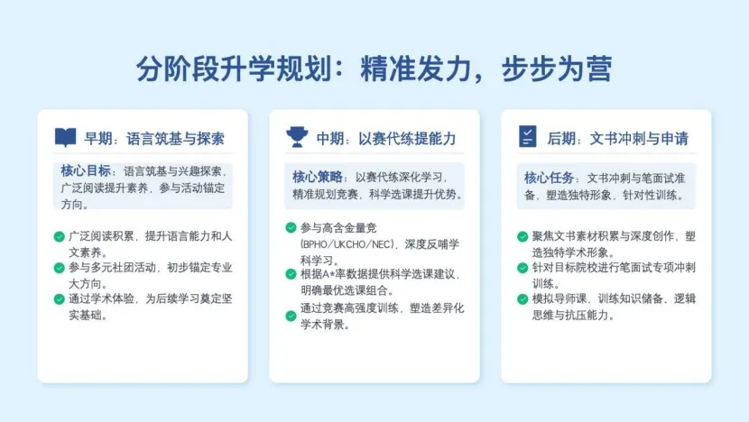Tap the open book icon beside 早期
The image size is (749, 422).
65,138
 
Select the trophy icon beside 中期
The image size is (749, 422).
296,138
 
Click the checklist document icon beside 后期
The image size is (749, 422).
528,138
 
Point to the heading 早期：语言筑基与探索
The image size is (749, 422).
154,139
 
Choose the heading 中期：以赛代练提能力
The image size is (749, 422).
385,139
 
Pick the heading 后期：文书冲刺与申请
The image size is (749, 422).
617,139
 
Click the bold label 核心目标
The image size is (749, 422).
87,171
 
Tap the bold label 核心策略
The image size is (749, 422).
318,176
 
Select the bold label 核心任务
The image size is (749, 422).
550,177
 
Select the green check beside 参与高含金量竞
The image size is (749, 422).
291,227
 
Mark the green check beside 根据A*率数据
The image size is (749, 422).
291,274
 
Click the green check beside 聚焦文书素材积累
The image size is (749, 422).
522,236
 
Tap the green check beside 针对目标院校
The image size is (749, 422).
522,268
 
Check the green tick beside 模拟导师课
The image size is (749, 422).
522,298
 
